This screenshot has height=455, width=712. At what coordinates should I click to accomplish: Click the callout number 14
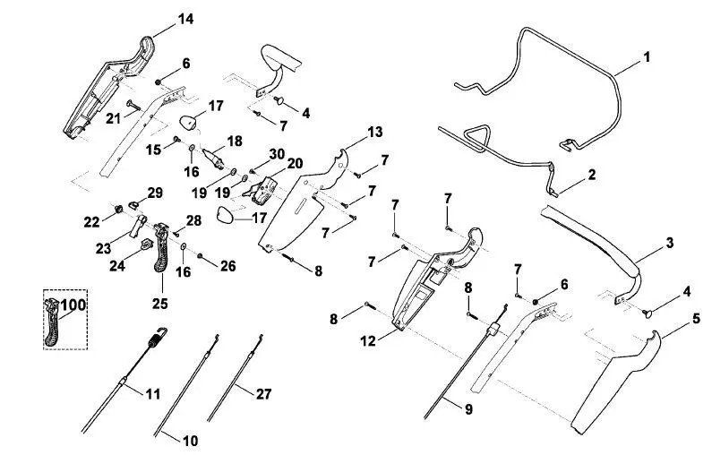pyautogui.click(x=185, y=19)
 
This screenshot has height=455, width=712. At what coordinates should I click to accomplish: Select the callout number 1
pyautogui.click(x=647, y=57)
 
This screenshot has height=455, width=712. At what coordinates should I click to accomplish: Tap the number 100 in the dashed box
pyautogui.click(x=73, y=305)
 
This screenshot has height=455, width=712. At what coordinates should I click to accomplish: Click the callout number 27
pyautogui.click(x=263, y=394)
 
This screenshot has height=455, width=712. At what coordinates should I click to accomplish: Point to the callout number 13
pyautogui.click(x=375, y=133)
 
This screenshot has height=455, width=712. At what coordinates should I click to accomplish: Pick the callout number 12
pyautogui.click(x=368, y=340)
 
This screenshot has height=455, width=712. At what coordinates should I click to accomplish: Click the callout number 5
pyautogui.click(x=697, y=319)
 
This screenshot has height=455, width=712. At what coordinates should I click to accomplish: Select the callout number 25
pyautogui.click(x=159, y=304)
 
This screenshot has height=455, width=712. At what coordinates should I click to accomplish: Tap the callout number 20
pyautogui.click(x=296, y=163)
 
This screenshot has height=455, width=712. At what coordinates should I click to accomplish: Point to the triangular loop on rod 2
pyautogui.click(x=477, y=137)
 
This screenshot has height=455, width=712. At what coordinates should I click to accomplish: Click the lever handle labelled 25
pyautogui.click(x=161, y=248)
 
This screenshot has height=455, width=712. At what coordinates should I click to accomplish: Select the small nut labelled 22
pyautogui.click(x=118, y=210)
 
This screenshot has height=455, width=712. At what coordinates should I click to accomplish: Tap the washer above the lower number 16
pyautogui.click(x=184, y=246)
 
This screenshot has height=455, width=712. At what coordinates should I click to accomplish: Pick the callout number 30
pyautogui.click(x=277, y=154)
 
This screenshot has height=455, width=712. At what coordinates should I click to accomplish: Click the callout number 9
pyautogui.click(x=468, y=409)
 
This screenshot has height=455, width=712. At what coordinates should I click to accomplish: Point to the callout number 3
pyautogui.click(x=670, y=243)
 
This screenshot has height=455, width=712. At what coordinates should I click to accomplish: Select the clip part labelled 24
pyautogui.click(x=145, y=244)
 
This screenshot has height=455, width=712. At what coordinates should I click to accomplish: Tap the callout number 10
pyautogui.click(x=191, y=441)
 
